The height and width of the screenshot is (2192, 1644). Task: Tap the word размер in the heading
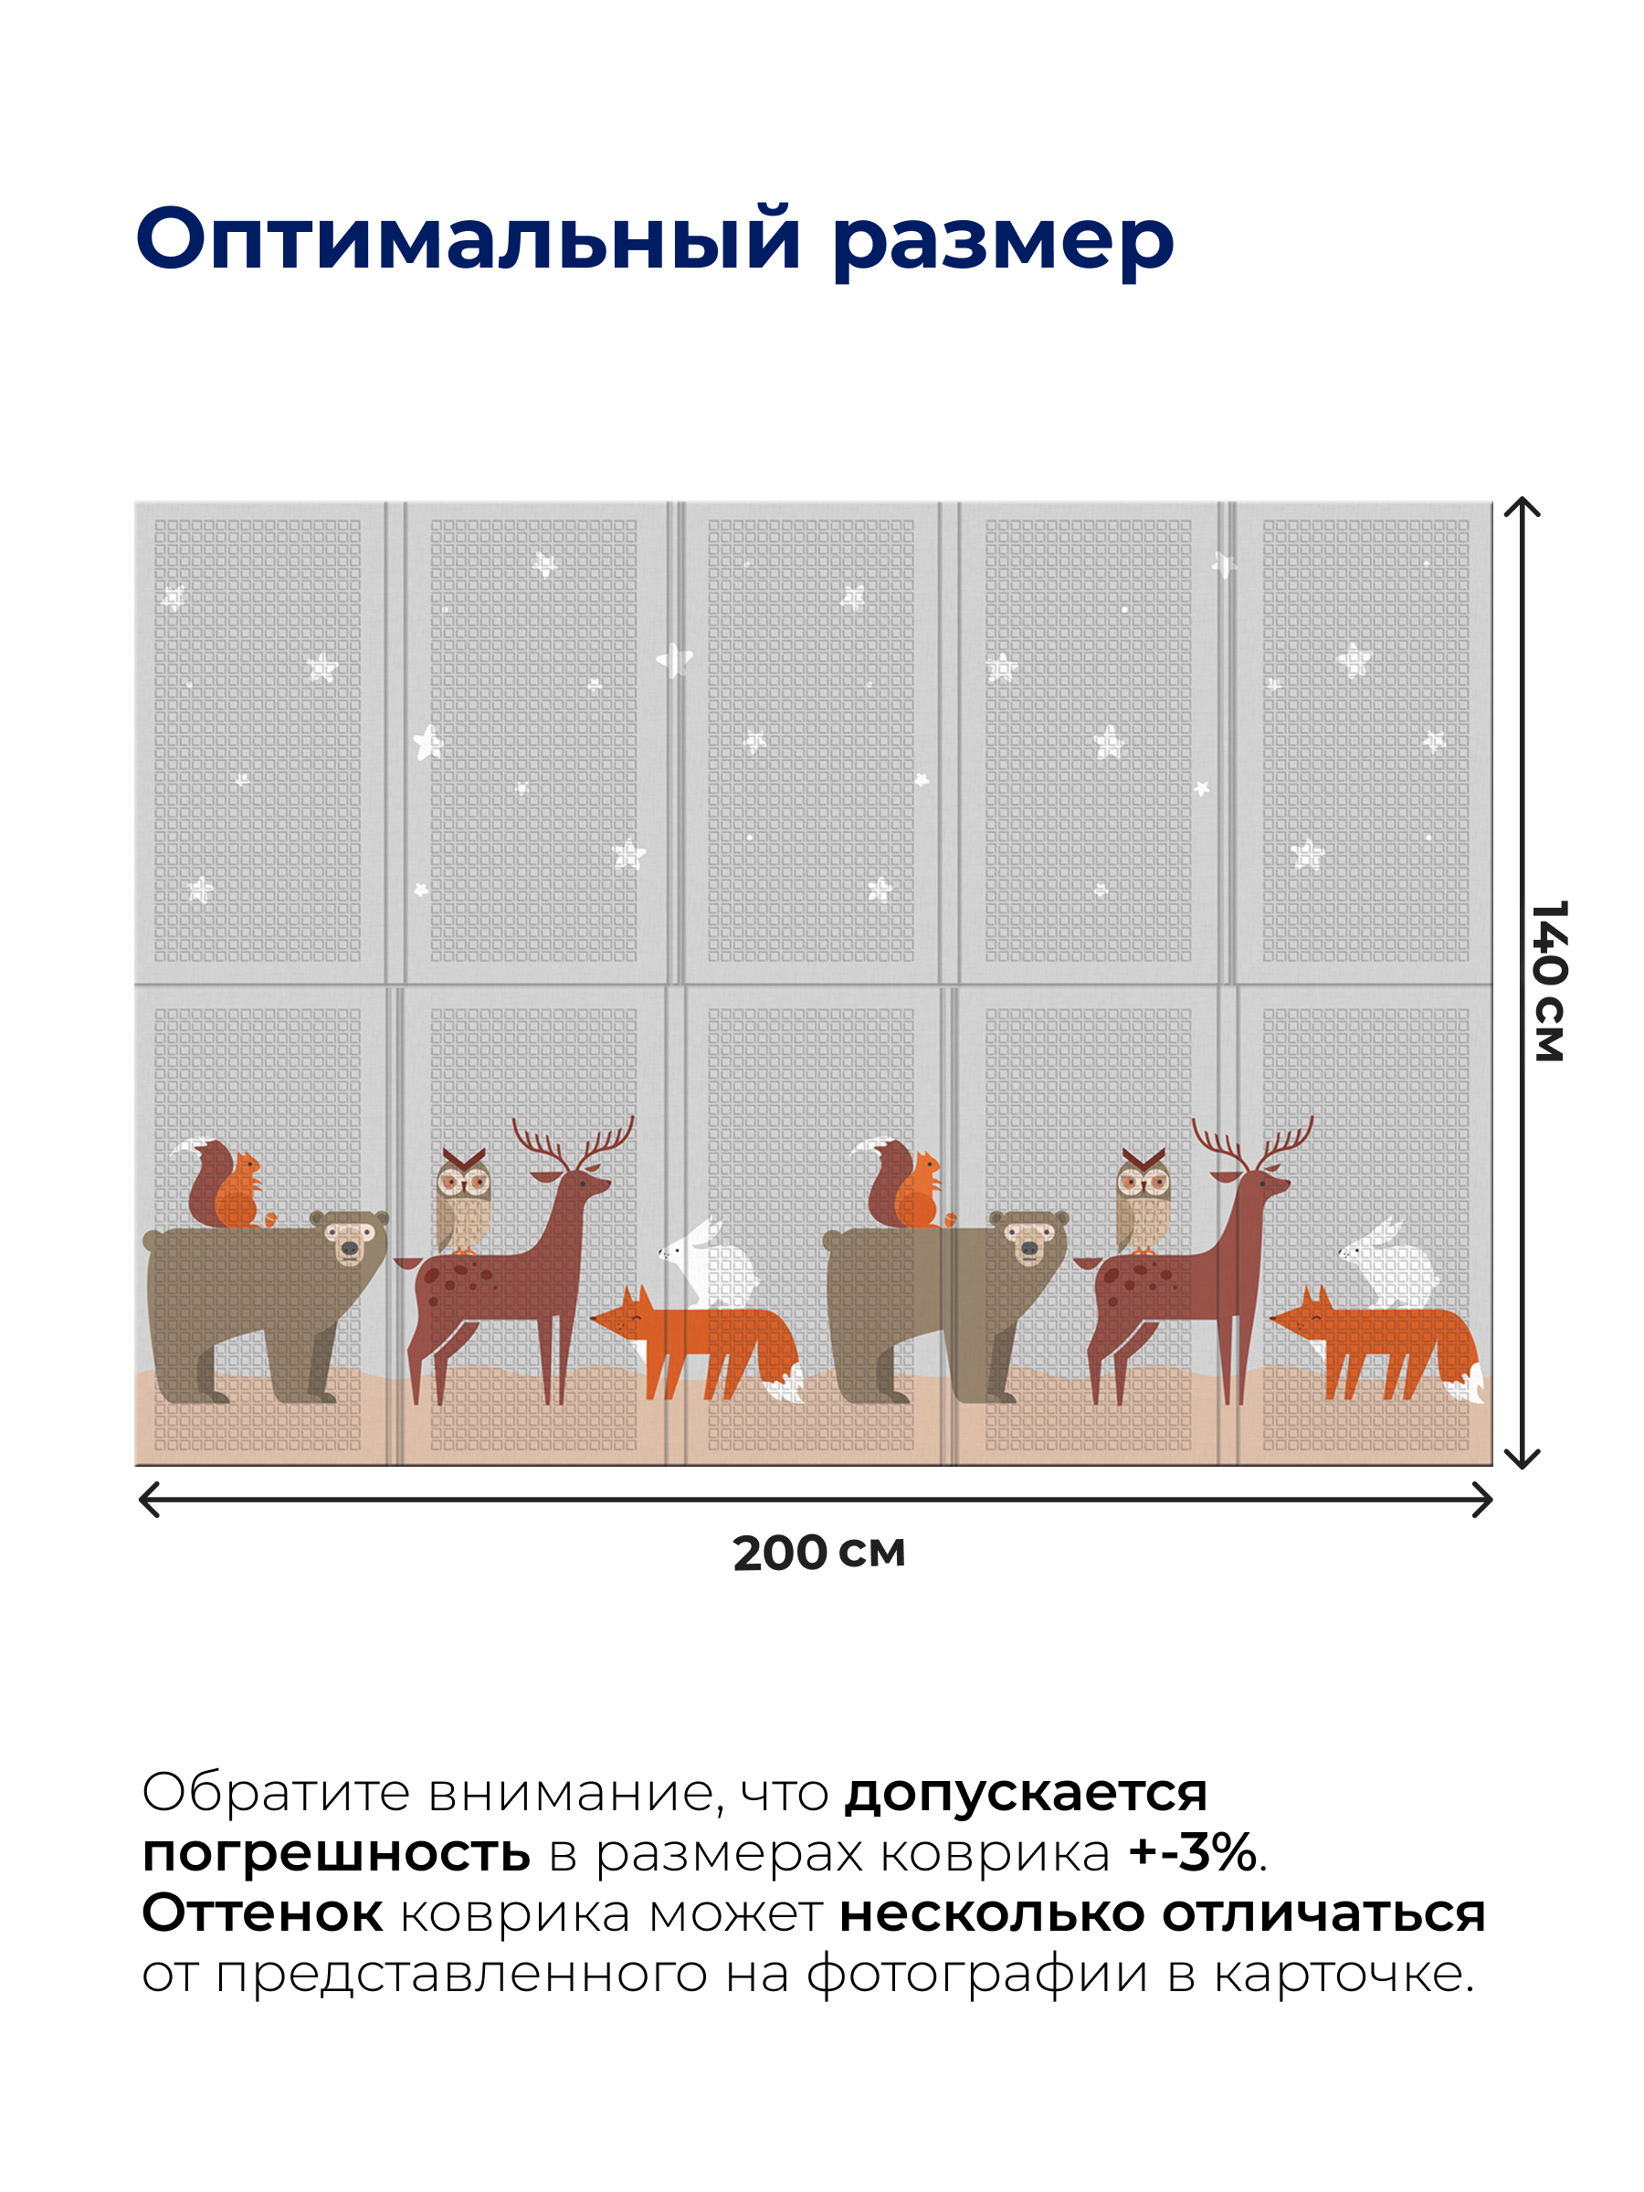tap(1002, 243)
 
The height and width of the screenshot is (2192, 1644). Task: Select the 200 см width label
tap(818, 1553)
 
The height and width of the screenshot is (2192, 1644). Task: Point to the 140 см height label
tap(1549, 980)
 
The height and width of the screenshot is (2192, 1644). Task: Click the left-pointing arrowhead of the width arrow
tap(149, 1500)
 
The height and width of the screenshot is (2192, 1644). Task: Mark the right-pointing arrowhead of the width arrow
tap(1483, 1500)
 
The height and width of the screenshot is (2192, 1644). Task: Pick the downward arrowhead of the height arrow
tap(1523, 1458)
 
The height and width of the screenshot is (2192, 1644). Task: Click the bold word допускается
tap(1026, 1794)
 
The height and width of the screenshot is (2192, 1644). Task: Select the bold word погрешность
tap(336, 1853)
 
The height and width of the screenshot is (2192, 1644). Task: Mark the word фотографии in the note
tap(977, 1974)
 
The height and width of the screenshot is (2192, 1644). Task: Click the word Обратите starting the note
tap(276, 1792)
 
